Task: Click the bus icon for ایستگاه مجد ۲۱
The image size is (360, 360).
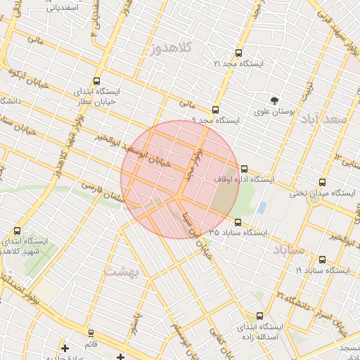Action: tap(238, 53)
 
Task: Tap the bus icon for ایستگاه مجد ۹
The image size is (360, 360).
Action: tap(215, 110)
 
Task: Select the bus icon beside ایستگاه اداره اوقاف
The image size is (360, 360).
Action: tap(244, 169)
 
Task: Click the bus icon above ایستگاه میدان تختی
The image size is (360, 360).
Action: tap(322, 182)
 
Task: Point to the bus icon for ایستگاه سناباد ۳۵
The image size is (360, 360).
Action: tap(238, 222)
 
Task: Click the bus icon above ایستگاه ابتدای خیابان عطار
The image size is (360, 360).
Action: tap(96, 81)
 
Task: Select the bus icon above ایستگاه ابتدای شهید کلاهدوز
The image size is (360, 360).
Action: tap(17, 231)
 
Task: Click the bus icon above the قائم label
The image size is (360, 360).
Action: tap(91, 333)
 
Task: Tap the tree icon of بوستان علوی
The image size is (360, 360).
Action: tap(274, 100)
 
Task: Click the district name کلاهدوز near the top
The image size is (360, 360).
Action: tap(172, 49)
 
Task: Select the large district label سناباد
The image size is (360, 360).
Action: tap(289, 250)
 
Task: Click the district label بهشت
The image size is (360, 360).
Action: tap(122, 270)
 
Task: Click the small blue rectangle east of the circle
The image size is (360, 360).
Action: tap(262, 208)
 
